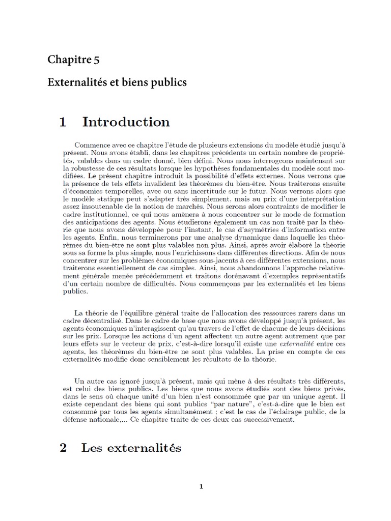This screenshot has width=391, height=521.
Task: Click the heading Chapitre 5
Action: (73, 60)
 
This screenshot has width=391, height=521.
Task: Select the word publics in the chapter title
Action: (171, 82)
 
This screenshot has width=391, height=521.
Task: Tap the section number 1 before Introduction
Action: (63, 122)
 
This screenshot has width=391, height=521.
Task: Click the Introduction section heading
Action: (126, 122)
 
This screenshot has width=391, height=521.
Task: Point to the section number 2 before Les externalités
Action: (63, 448)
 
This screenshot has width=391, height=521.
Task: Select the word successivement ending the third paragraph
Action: (272, 420)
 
